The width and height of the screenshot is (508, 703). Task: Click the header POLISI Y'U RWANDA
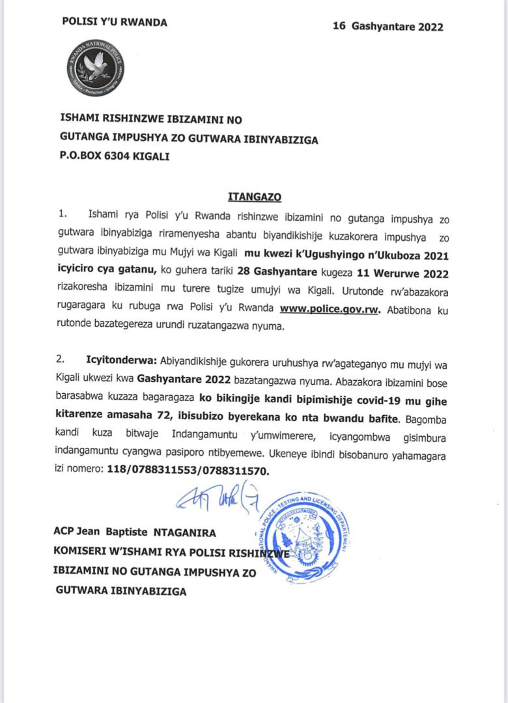[x=115, y=22]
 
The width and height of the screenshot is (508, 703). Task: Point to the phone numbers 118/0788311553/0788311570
[x=186, y=469]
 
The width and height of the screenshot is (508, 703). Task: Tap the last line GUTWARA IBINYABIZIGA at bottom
[x=120, y=592]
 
